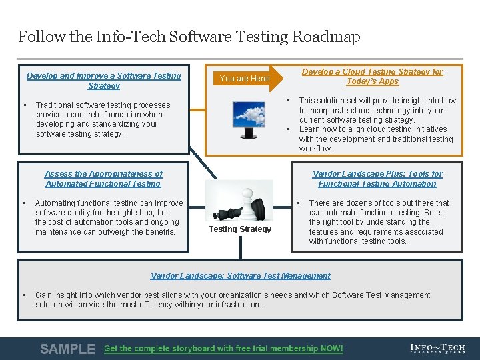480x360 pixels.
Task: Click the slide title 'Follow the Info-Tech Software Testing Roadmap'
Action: (x=189, y=37)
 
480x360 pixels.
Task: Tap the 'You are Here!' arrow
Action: (x=245, y=79)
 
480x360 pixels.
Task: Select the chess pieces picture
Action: (x=240, y=201)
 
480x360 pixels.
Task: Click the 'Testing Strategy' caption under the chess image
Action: (x=240, y=229)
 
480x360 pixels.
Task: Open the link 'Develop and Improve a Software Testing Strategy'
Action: (x=103, y=81)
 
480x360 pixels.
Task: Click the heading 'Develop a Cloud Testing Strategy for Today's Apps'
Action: (x=372, y=76)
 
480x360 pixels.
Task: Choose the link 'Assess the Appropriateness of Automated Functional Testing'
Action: (x=103, y=179)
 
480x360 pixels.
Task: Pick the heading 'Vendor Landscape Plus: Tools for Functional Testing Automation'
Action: (x=377, y=179)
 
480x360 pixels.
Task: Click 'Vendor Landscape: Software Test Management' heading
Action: (x=240, y=276)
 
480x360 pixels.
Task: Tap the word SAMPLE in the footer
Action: (x=67, y=349)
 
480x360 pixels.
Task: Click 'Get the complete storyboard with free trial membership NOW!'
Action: (x=223, y=349)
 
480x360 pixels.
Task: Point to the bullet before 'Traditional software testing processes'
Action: (x=24, y=105)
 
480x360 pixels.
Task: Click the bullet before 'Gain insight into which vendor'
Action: (x=24, y=295)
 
